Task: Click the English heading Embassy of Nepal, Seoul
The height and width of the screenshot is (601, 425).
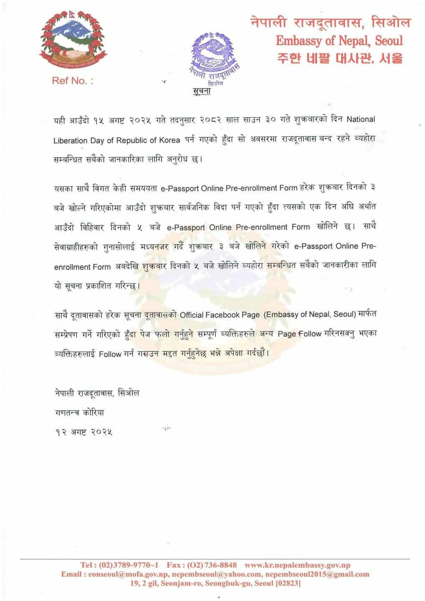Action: click(x=339, y=40)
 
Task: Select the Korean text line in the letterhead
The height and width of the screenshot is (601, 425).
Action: click(x=340, y=59)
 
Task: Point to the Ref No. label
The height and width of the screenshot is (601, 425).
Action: click(x=72, y=81)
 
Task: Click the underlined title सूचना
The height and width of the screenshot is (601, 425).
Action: click(x=202, y=92)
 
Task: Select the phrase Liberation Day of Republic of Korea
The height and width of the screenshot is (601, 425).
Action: click(x=116, y=141)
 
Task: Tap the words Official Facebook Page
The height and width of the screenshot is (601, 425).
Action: click(x=220, y=315)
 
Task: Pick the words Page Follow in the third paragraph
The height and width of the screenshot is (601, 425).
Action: click(x=299, y=334)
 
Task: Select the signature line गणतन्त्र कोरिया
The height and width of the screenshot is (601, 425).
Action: click(x=79, y=413)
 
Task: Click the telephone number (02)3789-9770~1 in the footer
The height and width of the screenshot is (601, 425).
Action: click(x=129, y=565)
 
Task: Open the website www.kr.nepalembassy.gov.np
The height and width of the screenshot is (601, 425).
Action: click(x=297, y=565)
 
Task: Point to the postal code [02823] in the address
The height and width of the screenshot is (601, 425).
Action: click(x=288, y=583)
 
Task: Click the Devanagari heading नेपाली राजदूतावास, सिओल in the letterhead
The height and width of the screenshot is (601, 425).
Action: click(x=330, y=23)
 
